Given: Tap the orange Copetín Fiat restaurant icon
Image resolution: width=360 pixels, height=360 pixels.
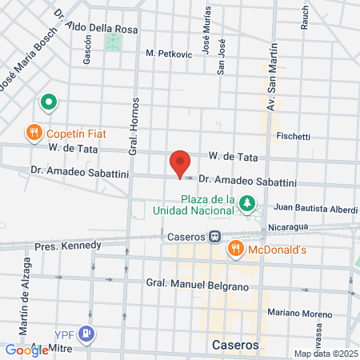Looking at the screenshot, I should point(34,132).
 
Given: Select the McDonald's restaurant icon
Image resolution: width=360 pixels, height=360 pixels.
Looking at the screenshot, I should point(235,249).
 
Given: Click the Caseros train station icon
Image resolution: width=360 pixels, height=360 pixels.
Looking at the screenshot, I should point(215,237).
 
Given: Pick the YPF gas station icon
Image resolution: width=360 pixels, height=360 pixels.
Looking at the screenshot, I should point(88,334).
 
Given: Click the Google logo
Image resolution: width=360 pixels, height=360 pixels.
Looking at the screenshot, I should point(26,350).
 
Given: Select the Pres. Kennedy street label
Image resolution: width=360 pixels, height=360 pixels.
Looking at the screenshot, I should point(67,246).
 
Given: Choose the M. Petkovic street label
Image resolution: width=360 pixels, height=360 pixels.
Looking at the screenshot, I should point(169,54).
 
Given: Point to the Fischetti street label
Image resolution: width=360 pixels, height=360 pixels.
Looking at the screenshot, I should point(293,137).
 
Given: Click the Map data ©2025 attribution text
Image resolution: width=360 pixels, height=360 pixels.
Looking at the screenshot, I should point(324,354).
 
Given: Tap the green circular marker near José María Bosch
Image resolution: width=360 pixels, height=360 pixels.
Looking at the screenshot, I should point(48,102).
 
